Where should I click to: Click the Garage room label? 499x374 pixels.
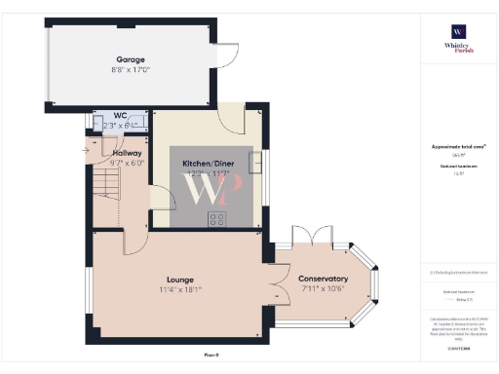(x=132, y=58)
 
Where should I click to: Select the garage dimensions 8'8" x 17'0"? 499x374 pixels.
(x=132, y=68)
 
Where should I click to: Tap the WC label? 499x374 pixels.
(x=107, y=115)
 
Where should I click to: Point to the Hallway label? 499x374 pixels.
(x=127, y=153)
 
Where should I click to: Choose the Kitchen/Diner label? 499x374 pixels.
(x=207, y=163)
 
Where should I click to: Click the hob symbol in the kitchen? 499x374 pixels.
(x=216, y=218)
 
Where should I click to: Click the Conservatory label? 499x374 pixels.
(x=323, y=279)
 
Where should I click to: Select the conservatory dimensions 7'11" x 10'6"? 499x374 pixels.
(x=323, y=289)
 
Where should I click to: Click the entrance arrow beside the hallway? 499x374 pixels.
(x=86, y=152)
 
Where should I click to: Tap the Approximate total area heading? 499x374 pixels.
(x=457, y=147)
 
